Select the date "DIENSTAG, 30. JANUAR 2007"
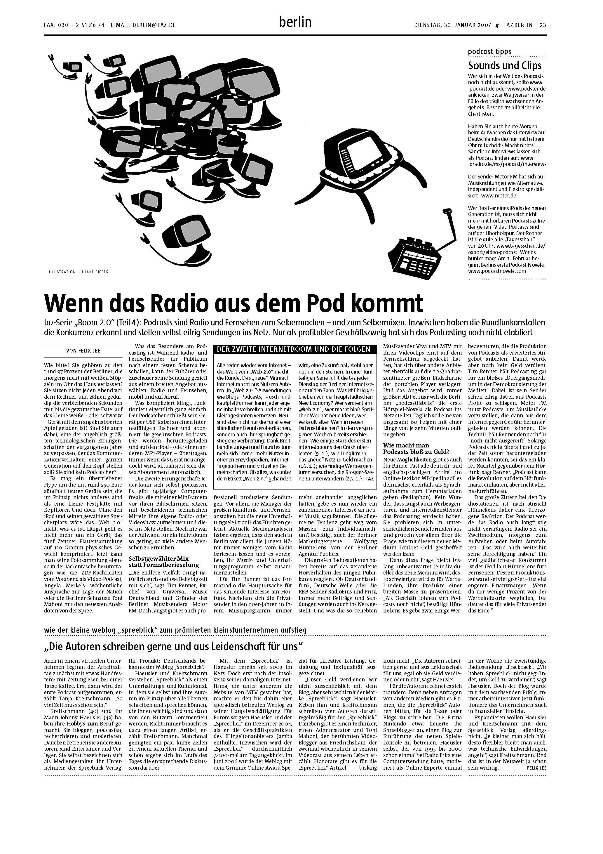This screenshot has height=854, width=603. point(452,25)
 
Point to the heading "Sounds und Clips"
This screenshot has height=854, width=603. point(505,66)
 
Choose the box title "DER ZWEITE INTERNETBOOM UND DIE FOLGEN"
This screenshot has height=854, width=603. point(294,349)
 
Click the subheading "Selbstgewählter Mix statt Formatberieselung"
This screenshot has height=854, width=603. point(164,562)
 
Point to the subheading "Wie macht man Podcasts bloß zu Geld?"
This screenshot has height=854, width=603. point(416,448)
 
